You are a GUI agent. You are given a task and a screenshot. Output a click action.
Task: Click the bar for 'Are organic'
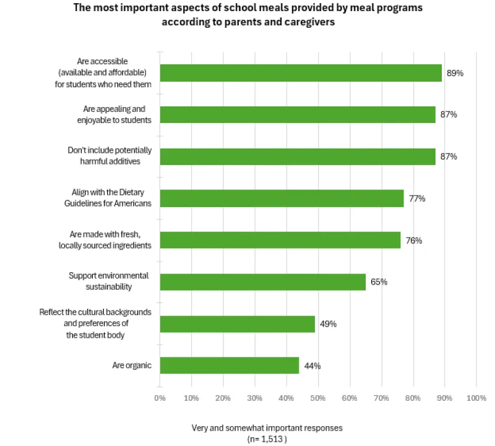(x=230, y=366)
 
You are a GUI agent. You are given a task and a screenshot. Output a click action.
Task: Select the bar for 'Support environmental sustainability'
(x=263, y=282)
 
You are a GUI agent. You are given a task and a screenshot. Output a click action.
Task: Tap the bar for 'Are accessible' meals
(x=301, y=73)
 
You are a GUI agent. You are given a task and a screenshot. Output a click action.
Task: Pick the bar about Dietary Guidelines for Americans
(x=282, y=199)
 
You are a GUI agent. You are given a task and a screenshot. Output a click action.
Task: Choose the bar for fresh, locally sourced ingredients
(x=280, y=240)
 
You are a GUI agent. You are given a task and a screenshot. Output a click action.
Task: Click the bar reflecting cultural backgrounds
(x=238, y=324)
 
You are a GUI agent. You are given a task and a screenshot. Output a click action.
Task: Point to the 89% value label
(x=455, y=73)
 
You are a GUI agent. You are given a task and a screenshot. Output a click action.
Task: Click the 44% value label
(x=312, y=366)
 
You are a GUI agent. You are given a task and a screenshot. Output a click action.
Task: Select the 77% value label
(x=416, y=199)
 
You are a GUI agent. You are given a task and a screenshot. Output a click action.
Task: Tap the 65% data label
(x=379, y=282)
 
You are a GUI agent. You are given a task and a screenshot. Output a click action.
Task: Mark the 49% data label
(x=328, y=324)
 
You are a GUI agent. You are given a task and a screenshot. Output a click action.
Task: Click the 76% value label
(x=413, y=240)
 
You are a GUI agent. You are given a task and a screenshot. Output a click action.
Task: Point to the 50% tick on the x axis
(x=318, y=398)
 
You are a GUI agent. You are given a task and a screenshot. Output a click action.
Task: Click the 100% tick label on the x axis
(x=476, y=398)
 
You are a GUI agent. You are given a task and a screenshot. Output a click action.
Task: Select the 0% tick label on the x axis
(x=160, y=398)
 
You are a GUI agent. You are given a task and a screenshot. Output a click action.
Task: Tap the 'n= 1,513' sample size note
(x=267, y=438)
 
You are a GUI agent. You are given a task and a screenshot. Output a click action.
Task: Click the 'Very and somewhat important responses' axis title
(x=267, y=427)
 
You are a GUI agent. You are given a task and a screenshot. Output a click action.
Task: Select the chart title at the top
(x=248, y=15)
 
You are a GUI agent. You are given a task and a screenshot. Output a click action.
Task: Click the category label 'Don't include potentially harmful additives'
(x=109, y=157)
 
